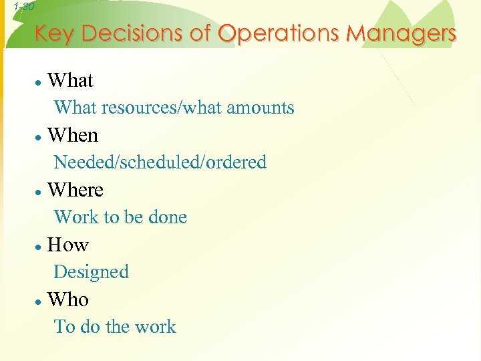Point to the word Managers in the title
click(x=401, y=33)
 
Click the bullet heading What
click(x=70, y=81)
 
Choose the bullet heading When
click(x=73, y=136)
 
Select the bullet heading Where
click(x=75, y=191)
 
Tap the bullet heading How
click(x=68, y=245)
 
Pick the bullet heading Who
click(x=68, y=299)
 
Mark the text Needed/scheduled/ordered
click(x=160, y=162)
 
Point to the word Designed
click(x=91, y=272)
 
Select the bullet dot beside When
click(x=40, y=137)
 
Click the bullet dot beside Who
click(x=40, y=302)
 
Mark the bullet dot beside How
click(x=40, y=247)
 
